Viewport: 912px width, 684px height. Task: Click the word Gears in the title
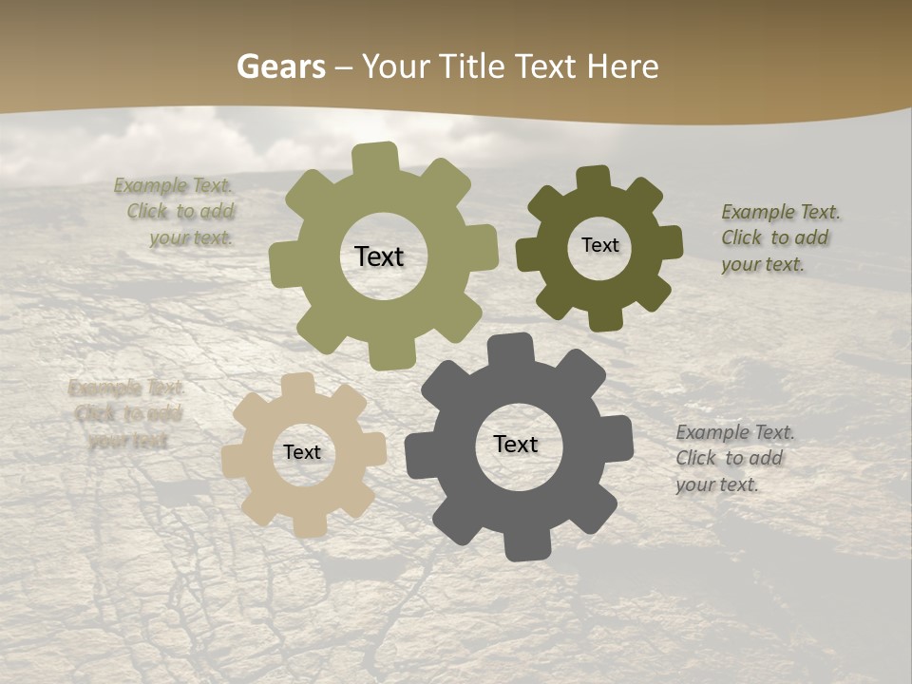(x=280, y=66)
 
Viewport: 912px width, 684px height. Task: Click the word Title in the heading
(x=470, y=66)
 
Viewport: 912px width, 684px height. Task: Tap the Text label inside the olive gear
(x=380, y=256)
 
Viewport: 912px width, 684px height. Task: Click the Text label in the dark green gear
(x=599, y=245)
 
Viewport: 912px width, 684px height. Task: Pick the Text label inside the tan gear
(x=302, y=453)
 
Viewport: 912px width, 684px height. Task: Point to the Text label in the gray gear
(x=516, y=445)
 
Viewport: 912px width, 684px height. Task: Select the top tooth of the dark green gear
(x=594, y=180)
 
